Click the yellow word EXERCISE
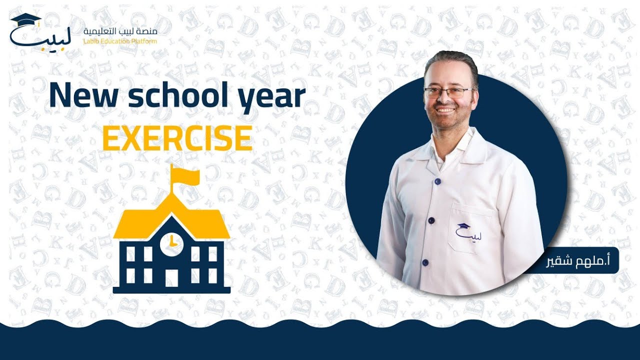177,138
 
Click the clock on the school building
171,242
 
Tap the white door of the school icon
171,277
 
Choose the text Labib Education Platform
120,41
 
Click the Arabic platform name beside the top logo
120,31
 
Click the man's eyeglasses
447,92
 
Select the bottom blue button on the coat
425,262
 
